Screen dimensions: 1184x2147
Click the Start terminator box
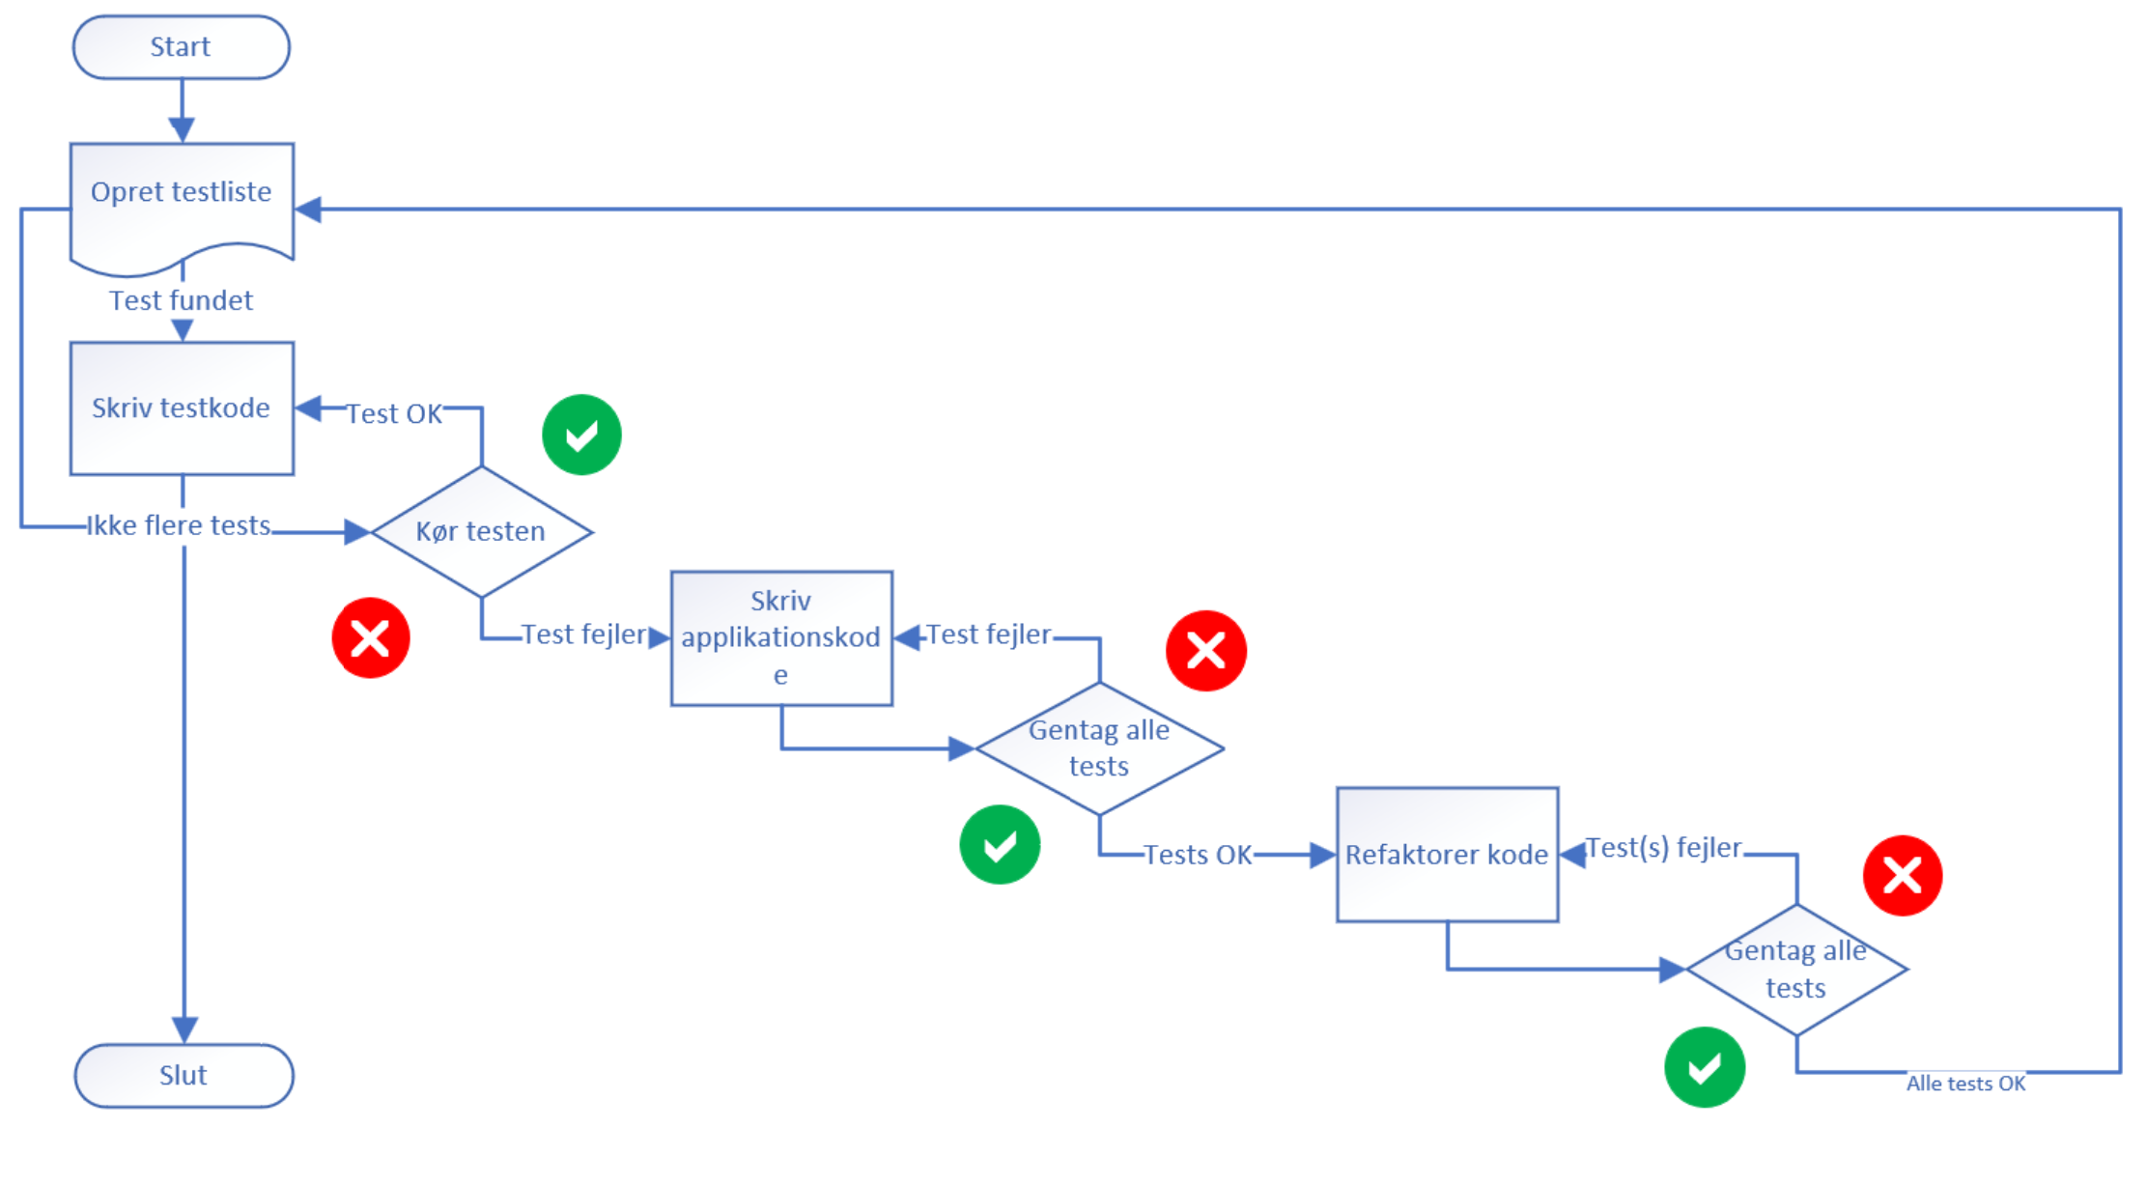(181, 46)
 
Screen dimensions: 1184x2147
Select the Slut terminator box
(184, 1075)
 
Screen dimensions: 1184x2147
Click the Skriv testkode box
(182, 408)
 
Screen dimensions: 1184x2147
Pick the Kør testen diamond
(481, 531)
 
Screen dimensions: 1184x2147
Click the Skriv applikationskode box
(780, 637)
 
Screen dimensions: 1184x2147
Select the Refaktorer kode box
(1446, 855)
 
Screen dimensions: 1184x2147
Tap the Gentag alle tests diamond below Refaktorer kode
(1795, 969)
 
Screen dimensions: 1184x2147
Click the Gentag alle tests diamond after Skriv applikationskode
(1098, 747)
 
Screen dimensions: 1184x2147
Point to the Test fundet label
(181, 300)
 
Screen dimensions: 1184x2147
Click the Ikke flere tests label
(179, 525)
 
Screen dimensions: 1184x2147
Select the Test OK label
(394, 413)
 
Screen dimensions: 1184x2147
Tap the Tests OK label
(1197, 855)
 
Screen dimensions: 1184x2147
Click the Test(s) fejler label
(1663, 848)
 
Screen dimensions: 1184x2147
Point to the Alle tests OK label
(1965, 1084)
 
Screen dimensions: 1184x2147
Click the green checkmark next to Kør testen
(581, 435)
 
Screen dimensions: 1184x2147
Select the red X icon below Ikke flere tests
(371, 637)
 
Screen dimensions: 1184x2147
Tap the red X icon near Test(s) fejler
(1902, 875)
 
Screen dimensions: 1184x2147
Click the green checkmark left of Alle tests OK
(1704, 1067)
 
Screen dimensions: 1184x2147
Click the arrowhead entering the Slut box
(184, 1029)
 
